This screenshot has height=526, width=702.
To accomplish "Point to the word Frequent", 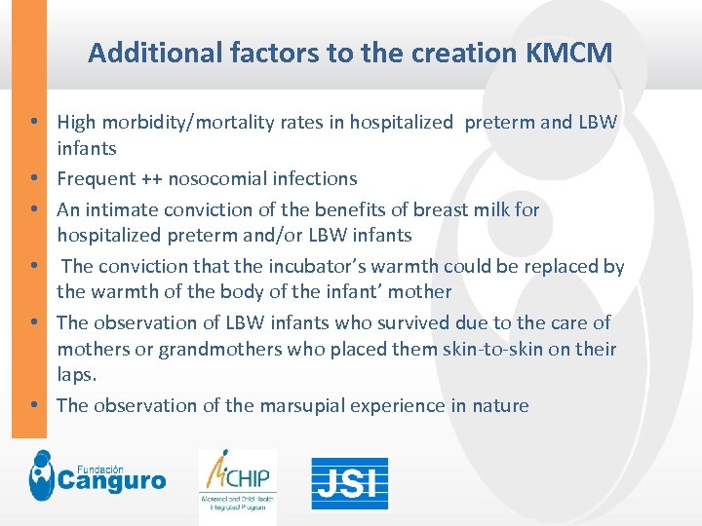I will click(96, 179).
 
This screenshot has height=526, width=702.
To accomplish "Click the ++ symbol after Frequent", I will click(151, 179).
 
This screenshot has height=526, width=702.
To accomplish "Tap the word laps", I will click(77, 374).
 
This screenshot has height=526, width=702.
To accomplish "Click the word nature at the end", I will click(501, 405).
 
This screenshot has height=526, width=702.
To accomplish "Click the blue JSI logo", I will click(349, 483).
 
